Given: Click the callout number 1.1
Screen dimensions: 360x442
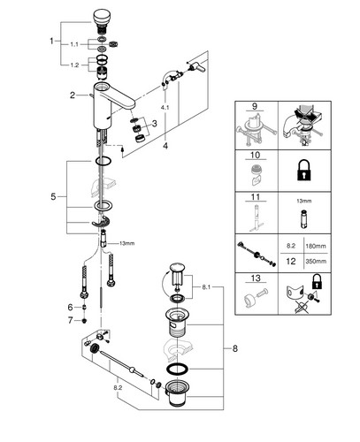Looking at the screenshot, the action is coord(74,44).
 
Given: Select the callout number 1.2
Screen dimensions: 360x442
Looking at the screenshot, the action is coord(74,65).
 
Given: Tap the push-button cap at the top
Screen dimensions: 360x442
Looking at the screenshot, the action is coord(102,16).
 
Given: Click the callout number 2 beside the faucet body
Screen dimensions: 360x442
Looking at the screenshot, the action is coord(73,95).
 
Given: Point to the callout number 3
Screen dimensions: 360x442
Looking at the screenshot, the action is coord(155,124).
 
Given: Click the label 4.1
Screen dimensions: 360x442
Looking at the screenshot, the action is coord(165,108).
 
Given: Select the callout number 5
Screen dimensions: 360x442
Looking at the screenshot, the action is coord(53,196).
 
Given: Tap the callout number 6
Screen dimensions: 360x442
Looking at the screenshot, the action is coord(70,308).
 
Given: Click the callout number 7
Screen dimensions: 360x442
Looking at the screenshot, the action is coord(70,320).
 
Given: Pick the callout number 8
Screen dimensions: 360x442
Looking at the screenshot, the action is coord(234,348).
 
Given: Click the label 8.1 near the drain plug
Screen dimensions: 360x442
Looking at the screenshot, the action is coord(206,286).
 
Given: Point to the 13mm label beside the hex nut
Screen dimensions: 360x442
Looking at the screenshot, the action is coord(126,243).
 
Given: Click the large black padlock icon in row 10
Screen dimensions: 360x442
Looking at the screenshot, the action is coord(304,171).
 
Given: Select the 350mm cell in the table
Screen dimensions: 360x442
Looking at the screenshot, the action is coord(316,261).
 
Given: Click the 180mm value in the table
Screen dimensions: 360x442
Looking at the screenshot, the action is coord(316,246).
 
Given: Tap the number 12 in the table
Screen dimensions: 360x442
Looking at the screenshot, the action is coord(291,261).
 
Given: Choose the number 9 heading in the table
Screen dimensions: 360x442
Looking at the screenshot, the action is coord(255,106).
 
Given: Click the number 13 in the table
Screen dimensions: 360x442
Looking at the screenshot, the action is coord(256,278).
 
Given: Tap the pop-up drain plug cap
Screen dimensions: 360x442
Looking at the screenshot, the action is coord(178,268).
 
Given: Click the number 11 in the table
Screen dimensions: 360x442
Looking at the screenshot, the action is coord(256,197).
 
